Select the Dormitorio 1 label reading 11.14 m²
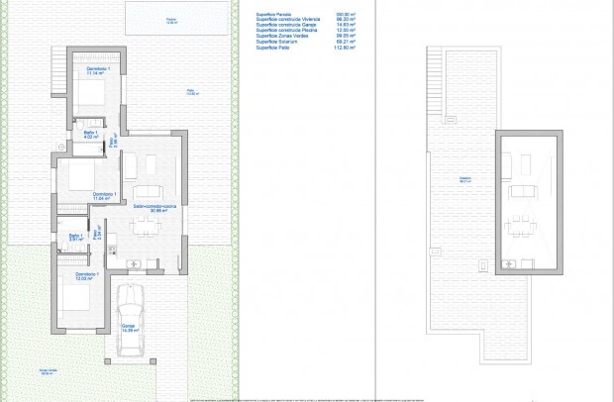(x=95, y=71)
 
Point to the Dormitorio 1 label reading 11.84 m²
(x=104, y=196)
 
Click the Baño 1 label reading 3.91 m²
(x=74, y=237)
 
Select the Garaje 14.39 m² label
(x=129, y=327)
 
